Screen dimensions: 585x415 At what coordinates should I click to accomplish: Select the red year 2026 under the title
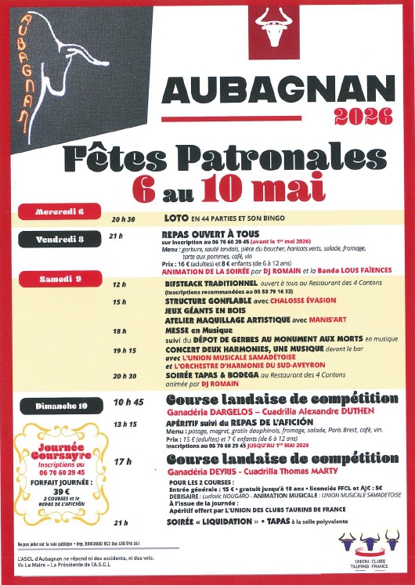[x=363, y=117]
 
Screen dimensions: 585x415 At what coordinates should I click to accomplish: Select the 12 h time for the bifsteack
[x=119, y=285]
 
